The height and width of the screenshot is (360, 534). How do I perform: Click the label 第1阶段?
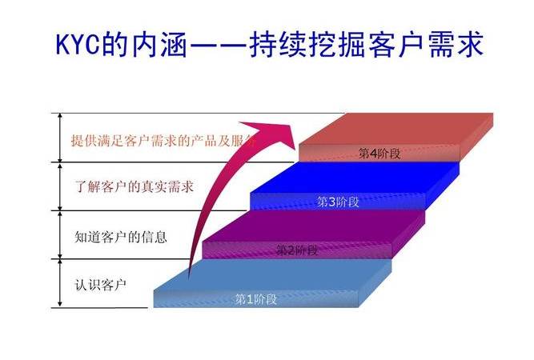point(255,299)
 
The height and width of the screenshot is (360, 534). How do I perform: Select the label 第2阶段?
point(297,250)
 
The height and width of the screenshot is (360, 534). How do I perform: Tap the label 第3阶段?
point(338,202)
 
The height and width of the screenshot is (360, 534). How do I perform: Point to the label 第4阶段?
point(379,154)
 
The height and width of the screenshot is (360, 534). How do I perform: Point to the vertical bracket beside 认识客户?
point(60,283)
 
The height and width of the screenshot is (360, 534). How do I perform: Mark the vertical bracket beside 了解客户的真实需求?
point(60,187)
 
